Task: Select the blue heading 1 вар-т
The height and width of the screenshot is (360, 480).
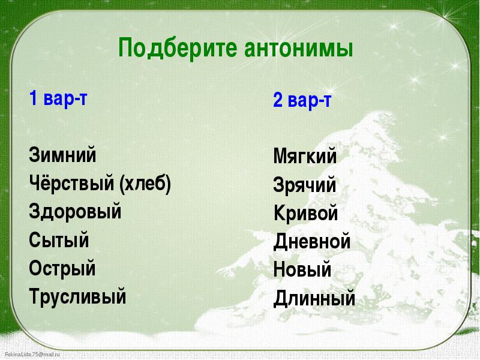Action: coord(58,98)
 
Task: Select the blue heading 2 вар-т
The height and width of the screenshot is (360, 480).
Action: coord(302,100)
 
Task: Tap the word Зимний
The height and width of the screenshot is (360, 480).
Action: coord(62,154)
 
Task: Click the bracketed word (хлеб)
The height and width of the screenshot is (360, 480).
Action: coord(145,184)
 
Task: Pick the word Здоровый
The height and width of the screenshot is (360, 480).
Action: coord(75,212)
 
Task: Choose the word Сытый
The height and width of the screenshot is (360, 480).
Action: coord(59,239)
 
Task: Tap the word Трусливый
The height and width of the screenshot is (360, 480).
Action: coord(77,296)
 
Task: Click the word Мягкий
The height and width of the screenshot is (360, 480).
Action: coord(305,156)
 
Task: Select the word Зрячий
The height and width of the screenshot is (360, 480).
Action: coord(305,185)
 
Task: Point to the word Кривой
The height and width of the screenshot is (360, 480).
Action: coord(305,212)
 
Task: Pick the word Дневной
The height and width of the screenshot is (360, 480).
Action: coord(311,242)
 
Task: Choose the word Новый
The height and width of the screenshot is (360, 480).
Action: coord(302,269)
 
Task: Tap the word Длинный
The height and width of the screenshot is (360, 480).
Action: coord(314,298)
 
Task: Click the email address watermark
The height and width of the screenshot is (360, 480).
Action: coord(32,355)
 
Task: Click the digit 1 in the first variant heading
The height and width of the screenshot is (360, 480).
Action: coord(33,98)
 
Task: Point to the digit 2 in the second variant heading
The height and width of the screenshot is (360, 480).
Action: coord(278,100)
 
